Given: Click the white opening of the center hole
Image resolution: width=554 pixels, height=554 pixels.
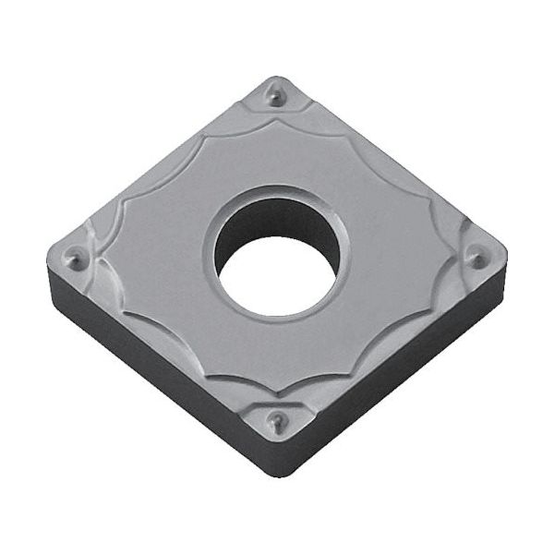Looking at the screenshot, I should click(x=277, y=272).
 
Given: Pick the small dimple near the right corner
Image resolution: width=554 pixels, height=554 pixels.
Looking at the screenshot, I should click(x=476, y=259).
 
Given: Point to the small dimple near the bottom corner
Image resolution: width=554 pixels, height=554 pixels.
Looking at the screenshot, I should click(x=274, y=423).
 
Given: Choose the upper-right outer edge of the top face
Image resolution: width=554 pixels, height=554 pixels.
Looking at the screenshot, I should click(x=392, y=163).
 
